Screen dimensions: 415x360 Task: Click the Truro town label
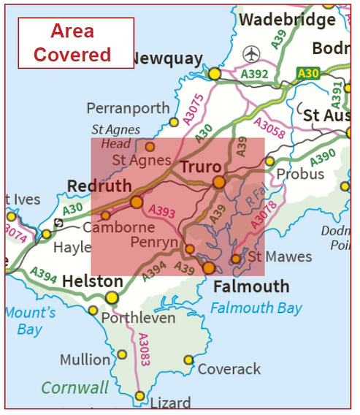pyautogui.click(x=201, y=167)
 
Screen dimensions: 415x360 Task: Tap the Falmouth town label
pyautogui.click(x=251, y=286)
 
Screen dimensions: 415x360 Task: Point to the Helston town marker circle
pyautogui.click(x=112, y=297)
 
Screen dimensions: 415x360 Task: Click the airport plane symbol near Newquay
pyautogui.click(x=252, y=54)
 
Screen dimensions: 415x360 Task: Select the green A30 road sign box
pyautogui.click(x=307, y=72)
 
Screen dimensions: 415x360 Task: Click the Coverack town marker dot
pyautogui.click(x=188, y=359)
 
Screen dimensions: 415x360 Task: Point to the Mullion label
pyautogui.click(x=85, y=359)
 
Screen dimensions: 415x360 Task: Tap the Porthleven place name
pyautogui.click(x=138, y=318)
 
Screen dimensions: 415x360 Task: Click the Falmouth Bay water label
pyautogui.click(x=256, y=308)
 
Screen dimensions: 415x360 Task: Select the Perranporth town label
pyautogui.click(x=128, y=108)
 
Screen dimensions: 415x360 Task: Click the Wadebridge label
pyautogui.click(x=287, y=20)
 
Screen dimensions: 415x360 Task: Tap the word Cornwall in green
pyautogui.click(x=74, y=387)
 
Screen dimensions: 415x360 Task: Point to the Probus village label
pyautogui.click(x=299, y=174)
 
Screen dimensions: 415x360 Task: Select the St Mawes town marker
pyautogui.click(x=236, y=259)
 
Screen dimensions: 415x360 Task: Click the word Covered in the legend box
pyautogui.click(x=72, y=54)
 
